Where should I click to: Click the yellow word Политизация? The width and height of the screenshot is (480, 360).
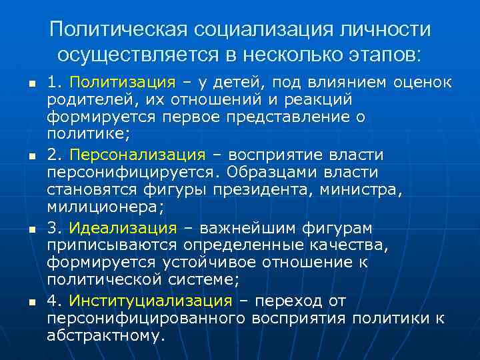pyautogui.click(x=122, y=82)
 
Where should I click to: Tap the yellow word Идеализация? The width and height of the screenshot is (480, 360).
pyautogui.click(x=123, y=228)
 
